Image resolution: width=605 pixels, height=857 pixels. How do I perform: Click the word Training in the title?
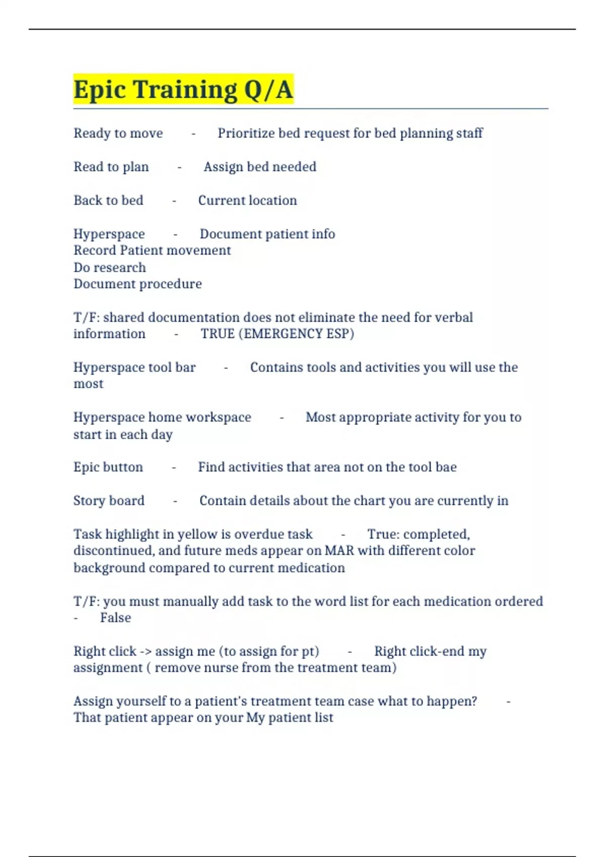(185, 90)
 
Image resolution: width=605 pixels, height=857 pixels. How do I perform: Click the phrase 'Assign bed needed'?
(260, 167)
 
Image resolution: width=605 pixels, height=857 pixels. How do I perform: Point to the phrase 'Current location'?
(247, 200)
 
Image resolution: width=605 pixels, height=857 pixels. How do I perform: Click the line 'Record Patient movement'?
(152, 251)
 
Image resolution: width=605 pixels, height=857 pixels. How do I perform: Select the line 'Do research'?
(109, 267)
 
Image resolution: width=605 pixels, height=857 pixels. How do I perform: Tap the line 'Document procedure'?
(137, 284)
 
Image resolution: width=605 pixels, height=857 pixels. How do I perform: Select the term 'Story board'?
(109, 501)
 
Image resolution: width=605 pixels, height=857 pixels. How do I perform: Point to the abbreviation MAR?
(339, 550)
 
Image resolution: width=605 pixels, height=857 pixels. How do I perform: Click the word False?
(115, 618)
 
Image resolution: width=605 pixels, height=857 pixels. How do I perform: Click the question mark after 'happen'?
(473, 701)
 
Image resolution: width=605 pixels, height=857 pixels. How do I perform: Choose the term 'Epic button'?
(108, 467)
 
